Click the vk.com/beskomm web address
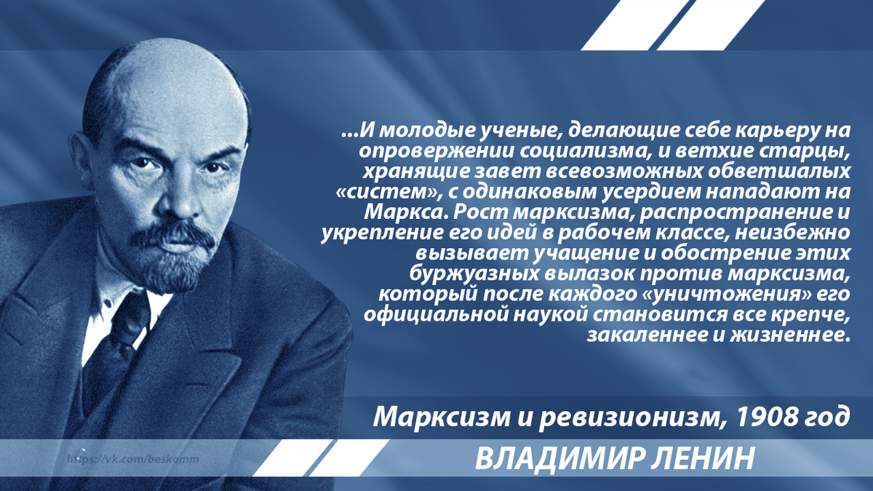135,460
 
